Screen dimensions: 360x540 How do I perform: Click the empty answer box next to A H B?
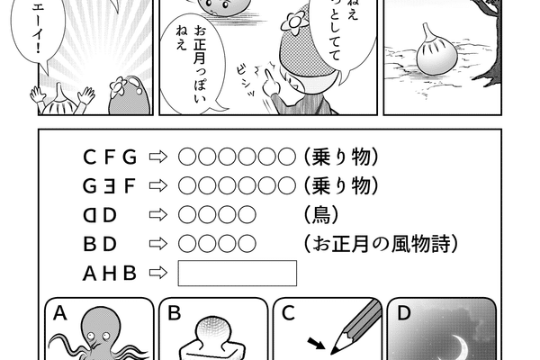point(238,272)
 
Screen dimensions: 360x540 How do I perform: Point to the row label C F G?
point(110,157)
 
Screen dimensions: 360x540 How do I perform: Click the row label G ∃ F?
point(110,187)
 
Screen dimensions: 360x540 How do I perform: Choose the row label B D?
point(100,243)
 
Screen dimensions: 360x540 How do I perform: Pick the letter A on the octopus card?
point(60,313)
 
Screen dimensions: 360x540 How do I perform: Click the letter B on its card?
point(175,313)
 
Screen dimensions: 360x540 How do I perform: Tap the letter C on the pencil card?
point(288,313)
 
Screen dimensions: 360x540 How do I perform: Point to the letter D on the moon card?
point(404,313)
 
